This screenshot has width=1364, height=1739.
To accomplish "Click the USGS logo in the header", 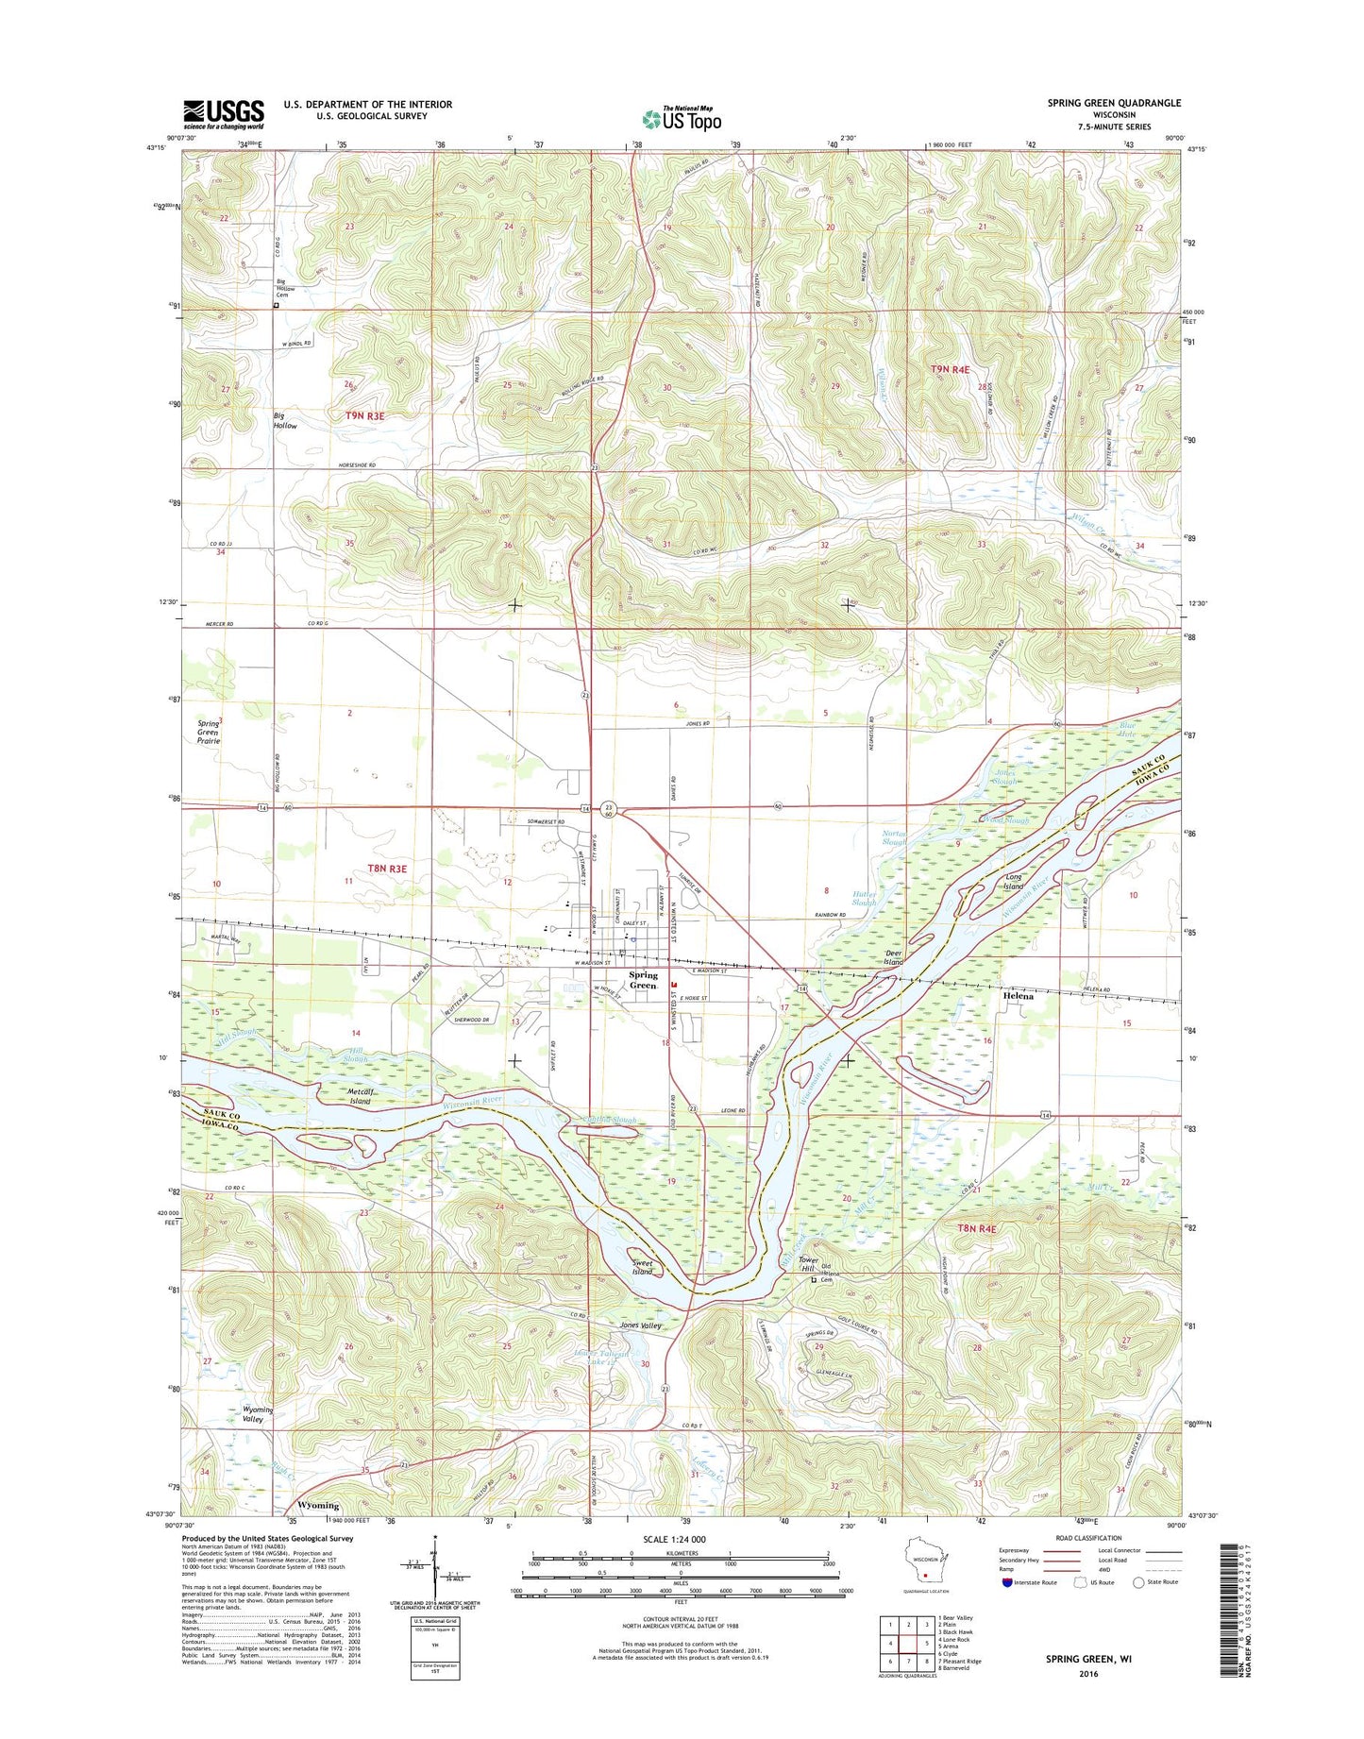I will click(x=224, y=114).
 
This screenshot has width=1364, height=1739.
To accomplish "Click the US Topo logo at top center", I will click(x=682, y=119).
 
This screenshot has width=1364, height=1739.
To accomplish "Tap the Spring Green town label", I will click(x=643, y=980).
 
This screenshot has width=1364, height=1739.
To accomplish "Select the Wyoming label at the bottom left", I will click(x=318, y=1505).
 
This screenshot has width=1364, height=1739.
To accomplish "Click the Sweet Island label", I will click(x=642, y=1267).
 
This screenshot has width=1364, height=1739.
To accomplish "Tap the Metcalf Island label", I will click(x=359, y=1096).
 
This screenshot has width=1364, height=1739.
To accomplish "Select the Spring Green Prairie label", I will click(x=209, y=733).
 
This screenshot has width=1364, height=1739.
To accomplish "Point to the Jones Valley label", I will click(x=640, y=1325).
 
